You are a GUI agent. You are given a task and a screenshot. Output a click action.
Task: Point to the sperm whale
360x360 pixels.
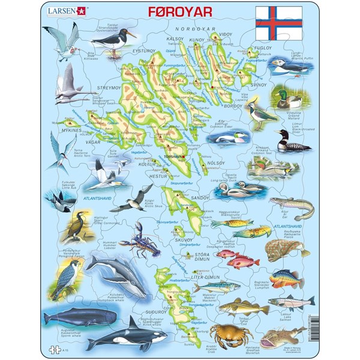point(66,316)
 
